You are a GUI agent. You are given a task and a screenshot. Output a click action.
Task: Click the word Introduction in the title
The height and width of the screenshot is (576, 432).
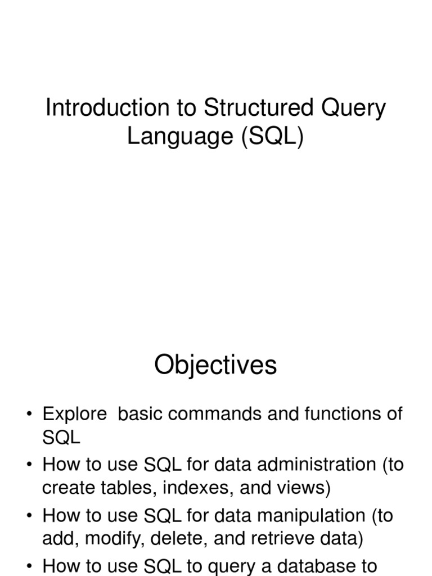(107, 107)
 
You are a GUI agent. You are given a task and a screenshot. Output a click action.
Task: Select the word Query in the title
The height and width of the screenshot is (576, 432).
(353, 110)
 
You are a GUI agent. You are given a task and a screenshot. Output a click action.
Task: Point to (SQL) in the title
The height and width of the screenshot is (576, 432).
(273, 137)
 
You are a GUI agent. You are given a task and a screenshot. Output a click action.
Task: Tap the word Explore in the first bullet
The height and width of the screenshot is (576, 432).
(75, 415)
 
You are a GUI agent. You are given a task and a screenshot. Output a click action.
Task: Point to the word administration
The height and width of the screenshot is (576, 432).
(317, 464)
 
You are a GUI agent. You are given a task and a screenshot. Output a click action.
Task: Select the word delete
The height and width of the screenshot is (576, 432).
(179, 538)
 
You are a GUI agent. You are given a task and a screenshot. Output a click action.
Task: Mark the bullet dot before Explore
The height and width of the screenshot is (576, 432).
(29, 414)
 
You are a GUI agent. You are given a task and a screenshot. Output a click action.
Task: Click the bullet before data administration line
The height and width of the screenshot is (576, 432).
(29, 465)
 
